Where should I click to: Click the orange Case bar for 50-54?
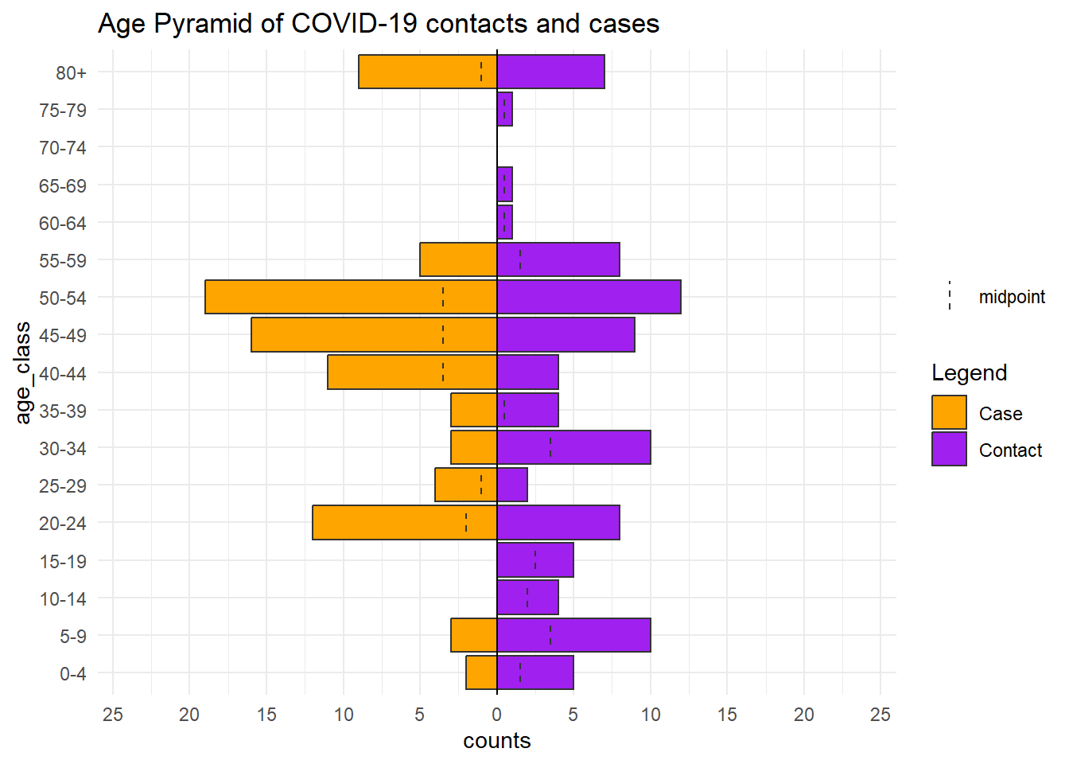click(x=351, y=297)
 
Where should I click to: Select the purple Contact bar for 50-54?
click(x=589, y=297)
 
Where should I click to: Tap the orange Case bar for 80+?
click(x=428, y=72)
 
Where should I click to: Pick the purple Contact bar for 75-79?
click(x=505, y=109)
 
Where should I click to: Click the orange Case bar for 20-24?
click(x=405, y=522)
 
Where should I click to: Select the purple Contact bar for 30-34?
click(x=573, y=447)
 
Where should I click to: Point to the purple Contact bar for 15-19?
click(x=535, y=560)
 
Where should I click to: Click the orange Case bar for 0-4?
click(x=481, y=672)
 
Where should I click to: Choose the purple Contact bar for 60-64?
click(x=505, y=222)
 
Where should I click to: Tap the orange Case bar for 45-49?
click(x=374, y=335)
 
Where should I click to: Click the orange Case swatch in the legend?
click(x=949, y=412)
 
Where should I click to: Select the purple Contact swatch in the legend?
click(x=949, y=449)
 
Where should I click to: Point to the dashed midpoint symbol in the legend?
click(x=950, y=295)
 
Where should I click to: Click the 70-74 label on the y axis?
click(x=63, y=148)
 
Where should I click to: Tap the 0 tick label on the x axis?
click(x=497, y=715)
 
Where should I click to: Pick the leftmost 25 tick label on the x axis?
click(x=113, y=715)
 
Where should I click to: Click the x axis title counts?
click(x=497, y=741)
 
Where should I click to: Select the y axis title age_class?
click(x=23, y=373)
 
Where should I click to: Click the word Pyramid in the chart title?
click(x=202, y=23)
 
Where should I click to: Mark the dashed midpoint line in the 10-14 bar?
click(x=527, y=598)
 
